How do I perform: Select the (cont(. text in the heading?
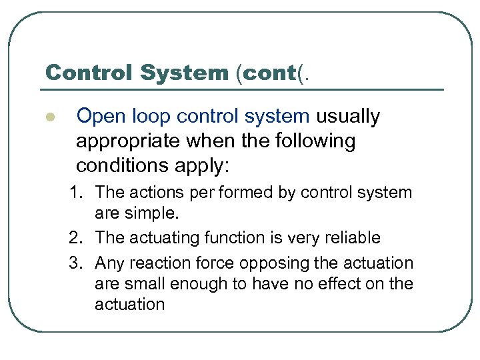pos(273,72)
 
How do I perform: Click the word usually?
pos(348,117)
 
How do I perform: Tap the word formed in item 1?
pos(238,193)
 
